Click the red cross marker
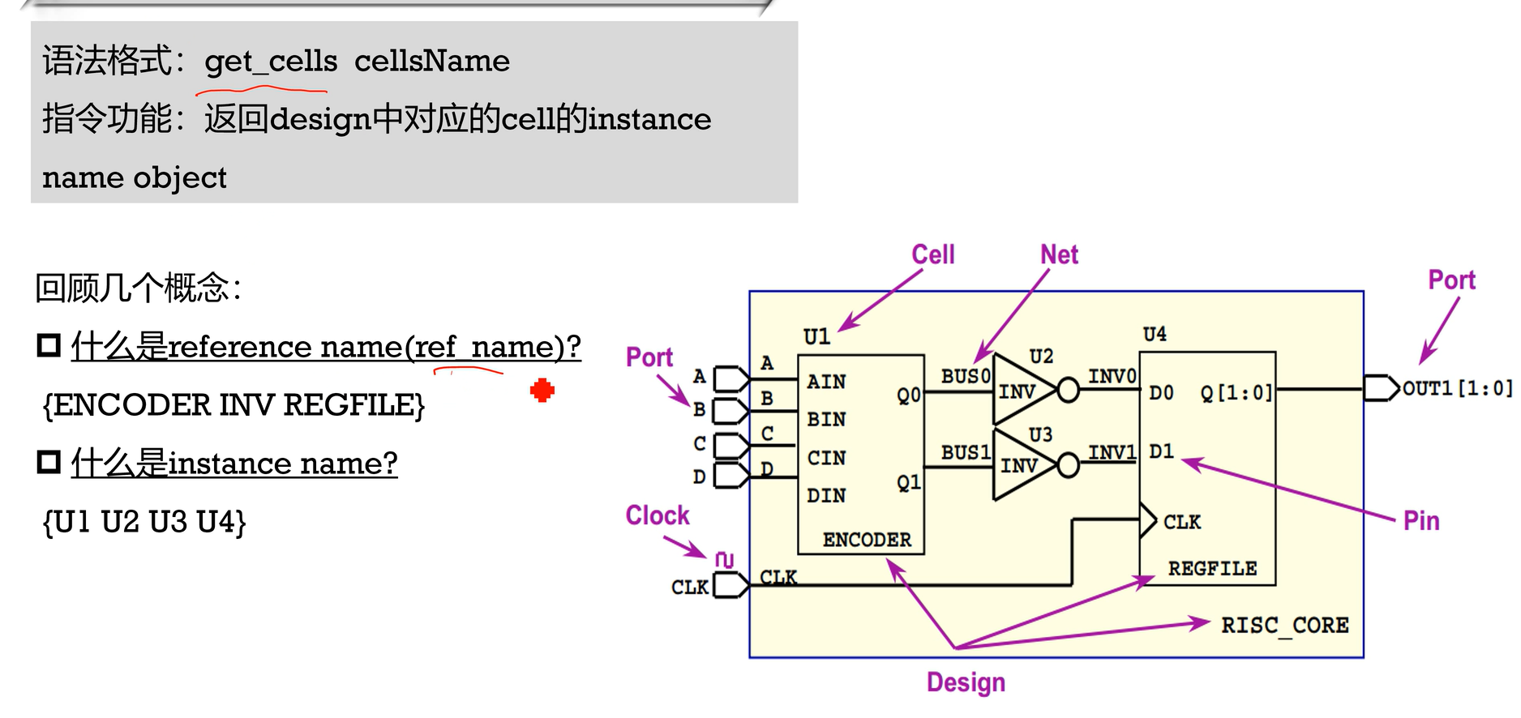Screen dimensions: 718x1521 click(542, 391)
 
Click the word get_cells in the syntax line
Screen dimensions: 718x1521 click(271, 61)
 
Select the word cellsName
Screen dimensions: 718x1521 click(432, 61)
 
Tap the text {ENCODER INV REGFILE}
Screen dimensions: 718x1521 click(234, 404)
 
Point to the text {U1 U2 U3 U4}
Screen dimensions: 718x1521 click(144, 521)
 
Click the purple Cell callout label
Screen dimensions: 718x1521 click(933, 254)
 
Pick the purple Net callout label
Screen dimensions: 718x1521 click(1059, 254)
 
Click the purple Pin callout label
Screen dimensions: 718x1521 click(1421, 520)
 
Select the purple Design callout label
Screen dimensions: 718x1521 click(966, 682)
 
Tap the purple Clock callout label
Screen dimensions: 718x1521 click(657, 515)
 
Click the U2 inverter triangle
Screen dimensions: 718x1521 click(1021, 391)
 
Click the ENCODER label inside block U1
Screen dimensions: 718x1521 click(867, 540)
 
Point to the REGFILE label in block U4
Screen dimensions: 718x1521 click(1212, 569)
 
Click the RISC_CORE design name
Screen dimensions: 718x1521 click(1285, 625)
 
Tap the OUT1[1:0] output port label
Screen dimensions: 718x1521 click(1457, 389)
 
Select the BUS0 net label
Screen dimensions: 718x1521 click(966, 376)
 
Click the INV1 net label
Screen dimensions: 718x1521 click(1112, 451)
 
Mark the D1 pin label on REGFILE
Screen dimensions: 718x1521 click(1161, 451)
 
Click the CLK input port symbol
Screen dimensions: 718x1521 click(730, 585)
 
